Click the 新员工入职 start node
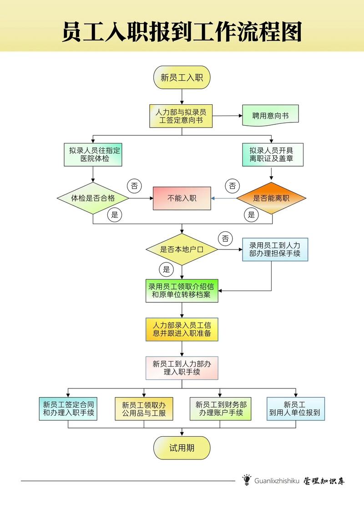(x=182, y=77)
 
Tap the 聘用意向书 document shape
(x=271, y=116)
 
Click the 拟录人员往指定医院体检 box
(x=93, y=155)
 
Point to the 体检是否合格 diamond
(x=93, y=198)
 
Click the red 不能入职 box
(x=182, y=198)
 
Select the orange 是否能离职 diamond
(x=271, y=198)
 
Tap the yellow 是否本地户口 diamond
(x=182, y=249)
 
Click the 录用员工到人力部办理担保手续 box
(x=275, y=249)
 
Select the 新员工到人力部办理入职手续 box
(x=182, y=368)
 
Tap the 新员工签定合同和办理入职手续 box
(x=68, y=408)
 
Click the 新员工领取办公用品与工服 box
(x=144, y=408)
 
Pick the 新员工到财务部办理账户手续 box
(x=221, y=408)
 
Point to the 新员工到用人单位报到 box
(x=296, y=408)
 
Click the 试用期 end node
(x=182, y=448)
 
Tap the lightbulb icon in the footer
(x=247, y=480)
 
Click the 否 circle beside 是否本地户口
(x=225, y=238)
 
